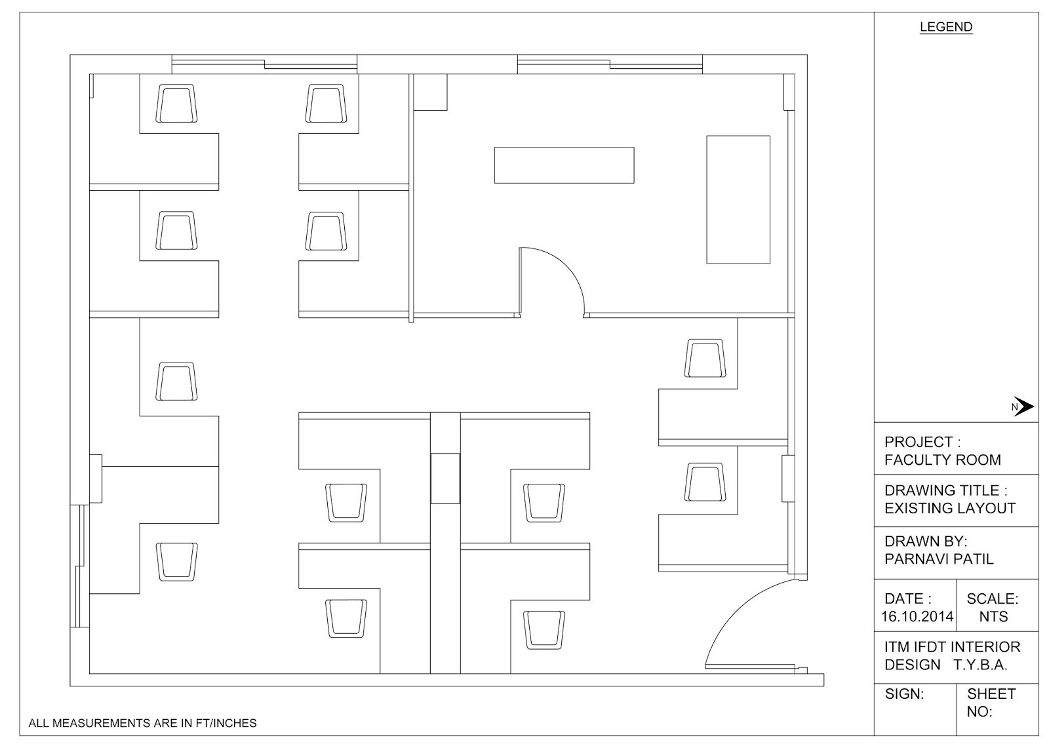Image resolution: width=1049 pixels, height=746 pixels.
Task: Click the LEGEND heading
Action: coord(945,27)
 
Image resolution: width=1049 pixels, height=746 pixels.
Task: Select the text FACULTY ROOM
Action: coord(942,460)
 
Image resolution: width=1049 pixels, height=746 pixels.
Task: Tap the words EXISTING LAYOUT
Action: coord(949,508)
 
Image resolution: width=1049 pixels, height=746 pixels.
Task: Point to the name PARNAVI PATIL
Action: coord(939,559)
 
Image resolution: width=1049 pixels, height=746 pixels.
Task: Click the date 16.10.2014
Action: coord(917,616)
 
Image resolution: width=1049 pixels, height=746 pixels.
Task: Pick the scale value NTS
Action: coord(993,616)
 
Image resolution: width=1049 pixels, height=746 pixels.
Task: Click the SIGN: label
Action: coord(904,694)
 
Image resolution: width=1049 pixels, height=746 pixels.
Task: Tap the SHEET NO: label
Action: coord(991,702)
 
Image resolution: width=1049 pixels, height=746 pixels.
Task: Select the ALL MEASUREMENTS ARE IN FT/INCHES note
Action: coord(143,723)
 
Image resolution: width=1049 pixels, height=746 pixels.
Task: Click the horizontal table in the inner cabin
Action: coord(564,165)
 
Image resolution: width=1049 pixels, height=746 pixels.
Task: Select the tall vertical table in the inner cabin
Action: coord(738,199)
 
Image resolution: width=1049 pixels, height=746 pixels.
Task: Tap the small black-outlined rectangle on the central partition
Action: coord(445,478)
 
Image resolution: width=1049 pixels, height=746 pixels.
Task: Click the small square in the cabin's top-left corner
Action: coord(431,92)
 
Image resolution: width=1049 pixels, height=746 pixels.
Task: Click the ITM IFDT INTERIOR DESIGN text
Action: coord(952,656)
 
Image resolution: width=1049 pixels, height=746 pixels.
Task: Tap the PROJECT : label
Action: coord(922,442)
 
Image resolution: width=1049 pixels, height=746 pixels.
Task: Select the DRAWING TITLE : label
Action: coord(945,490)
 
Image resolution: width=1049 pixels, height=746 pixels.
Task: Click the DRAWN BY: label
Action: coord(926,541)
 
